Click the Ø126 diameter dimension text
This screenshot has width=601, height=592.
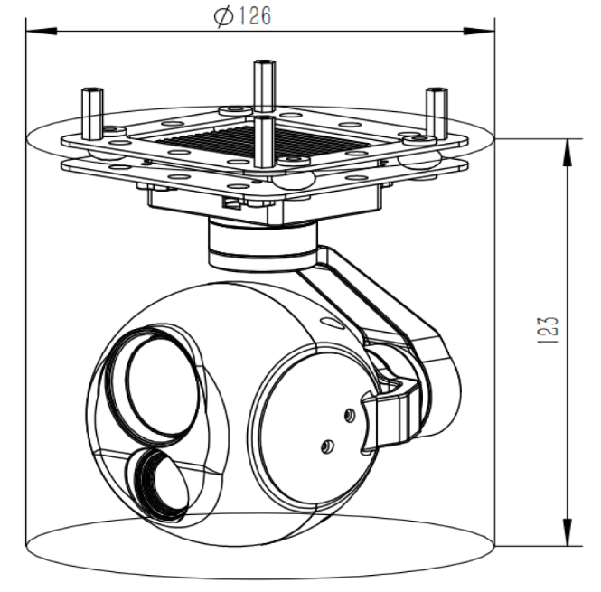(x=243, y=16)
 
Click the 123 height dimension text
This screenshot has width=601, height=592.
(x=547, y=331)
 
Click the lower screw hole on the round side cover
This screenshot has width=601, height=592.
(x=328, y=445)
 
